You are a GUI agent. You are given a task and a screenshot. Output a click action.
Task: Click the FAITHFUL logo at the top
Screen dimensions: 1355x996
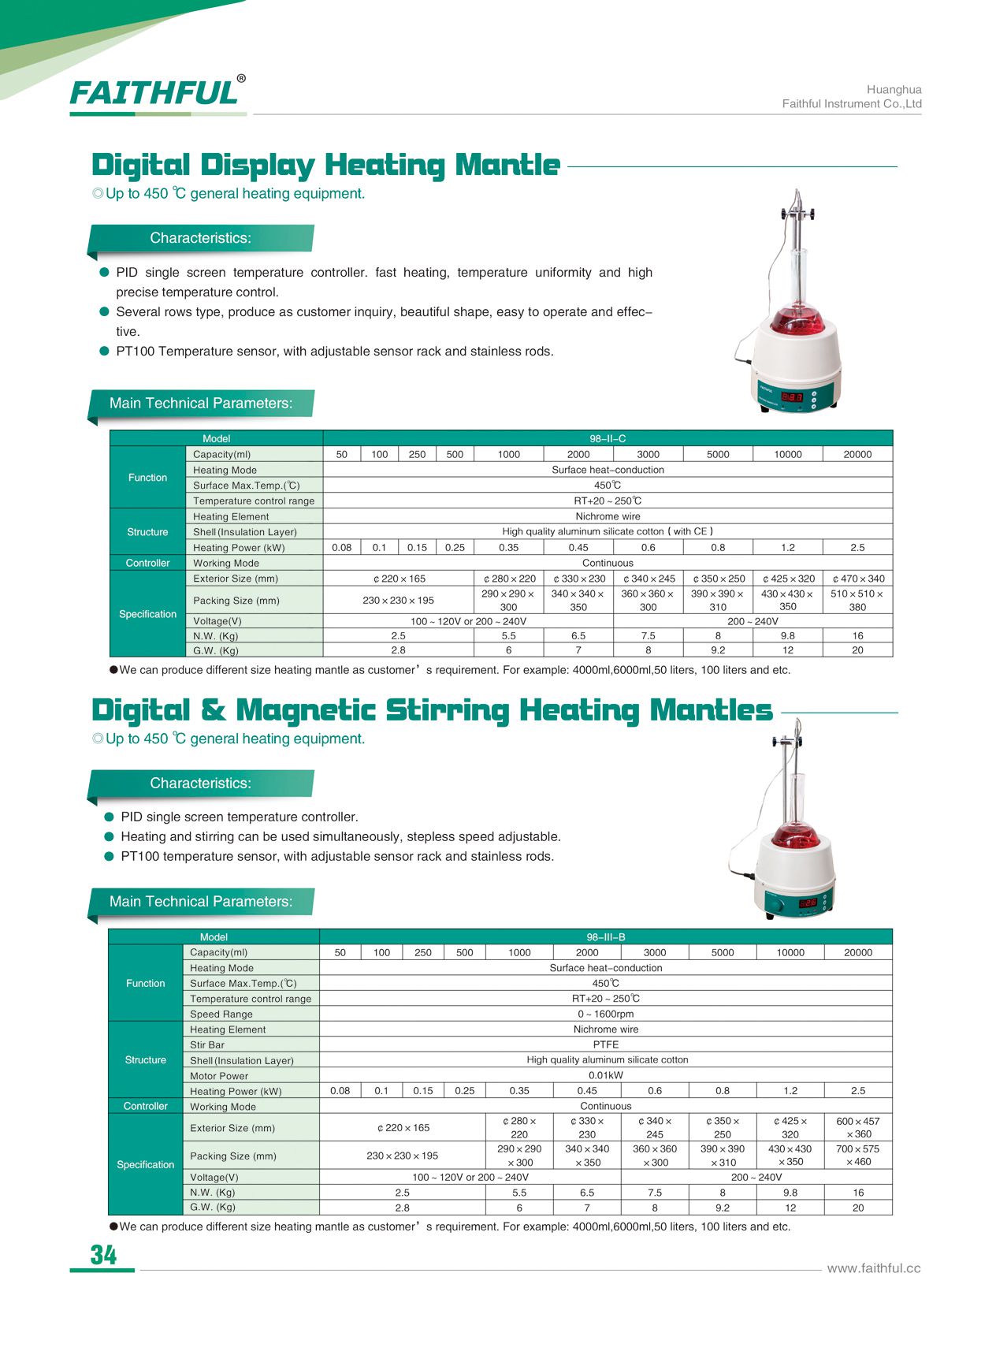pyautogui.click(x=155, y=93)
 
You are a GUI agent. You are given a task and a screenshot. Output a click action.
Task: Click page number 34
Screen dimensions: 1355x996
pyautogui.click(x=103, y=1254)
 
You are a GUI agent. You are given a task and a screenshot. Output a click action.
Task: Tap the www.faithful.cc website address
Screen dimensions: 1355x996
pyautogui.click(x=873, y=1268)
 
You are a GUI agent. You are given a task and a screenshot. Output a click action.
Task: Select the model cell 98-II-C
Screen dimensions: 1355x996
pyautogui.click(x=608, y=438)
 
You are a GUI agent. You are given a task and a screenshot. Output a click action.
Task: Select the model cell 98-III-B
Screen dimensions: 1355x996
pyautogui.click(x=605, y=936)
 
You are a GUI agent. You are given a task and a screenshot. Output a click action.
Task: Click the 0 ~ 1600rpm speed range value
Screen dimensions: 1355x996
pyautogui.click(x=605, y=1014)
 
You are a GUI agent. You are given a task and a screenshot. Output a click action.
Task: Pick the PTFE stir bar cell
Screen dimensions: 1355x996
pyautogui.click(x=605, y=1044)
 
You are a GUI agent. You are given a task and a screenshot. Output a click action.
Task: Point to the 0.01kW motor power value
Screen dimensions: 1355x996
pyautogui.click(x=605, y=1075)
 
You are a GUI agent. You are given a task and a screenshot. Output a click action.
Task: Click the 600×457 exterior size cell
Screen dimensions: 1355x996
pyautogui.click(x=858, y=1127)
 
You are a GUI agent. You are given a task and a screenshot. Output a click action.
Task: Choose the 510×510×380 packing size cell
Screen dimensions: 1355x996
pyautogui.click(x=857, y=600)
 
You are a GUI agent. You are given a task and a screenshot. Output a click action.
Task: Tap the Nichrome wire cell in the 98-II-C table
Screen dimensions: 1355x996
pyautogui.click(x=608, y=516)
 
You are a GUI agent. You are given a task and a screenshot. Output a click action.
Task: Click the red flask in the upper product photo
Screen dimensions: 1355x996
pyautogui.click(x=797, y=319)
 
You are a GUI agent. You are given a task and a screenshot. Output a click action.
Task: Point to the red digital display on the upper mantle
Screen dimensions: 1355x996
pyautogui.click(x=791, y=397)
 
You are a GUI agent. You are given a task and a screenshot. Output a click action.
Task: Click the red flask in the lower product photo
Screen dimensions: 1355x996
pyautogui.click(x=794, y=833)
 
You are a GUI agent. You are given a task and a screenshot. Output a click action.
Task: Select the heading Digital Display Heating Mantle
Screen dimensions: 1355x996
pyautogui.click(x=325, y=165)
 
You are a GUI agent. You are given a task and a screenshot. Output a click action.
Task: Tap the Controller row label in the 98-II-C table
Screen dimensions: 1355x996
pyautogui.click(x=147, y=563)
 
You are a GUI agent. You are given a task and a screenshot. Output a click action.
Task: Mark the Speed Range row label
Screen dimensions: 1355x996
pyautogui.click(x=221, y=1014)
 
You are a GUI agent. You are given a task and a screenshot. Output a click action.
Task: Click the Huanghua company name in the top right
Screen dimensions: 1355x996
pyautogui.click(x=894, y=90)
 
